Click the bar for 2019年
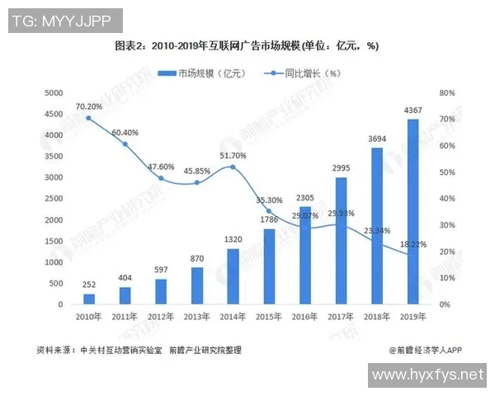[x=412, y=212]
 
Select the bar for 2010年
[x=89, y=299]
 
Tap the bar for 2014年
[x=233, y=276]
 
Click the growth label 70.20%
[x=88, y=106]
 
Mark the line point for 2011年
[x=125, y=144]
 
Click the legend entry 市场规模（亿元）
[x=207, y=73]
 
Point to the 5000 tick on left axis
[x=53, y=92]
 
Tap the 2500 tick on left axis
[x=53, y=199]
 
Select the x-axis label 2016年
[x=304, y=317]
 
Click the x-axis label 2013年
[x=196, y=317]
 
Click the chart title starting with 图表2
[x=247, y=45]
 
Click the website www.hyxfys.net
[x=426, y=375]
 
